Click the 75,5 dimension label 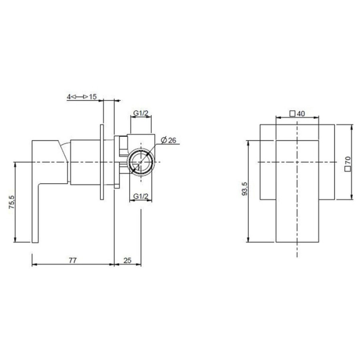click(12, 202)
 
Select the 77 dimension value click(73, 260)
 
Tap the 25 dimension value click(128, 260)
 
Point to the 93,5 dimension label click(245, 188)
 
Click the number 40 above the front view click(301, 114)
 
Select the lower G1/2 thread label click(141, 196)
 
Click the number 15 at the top click(93, 97)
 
